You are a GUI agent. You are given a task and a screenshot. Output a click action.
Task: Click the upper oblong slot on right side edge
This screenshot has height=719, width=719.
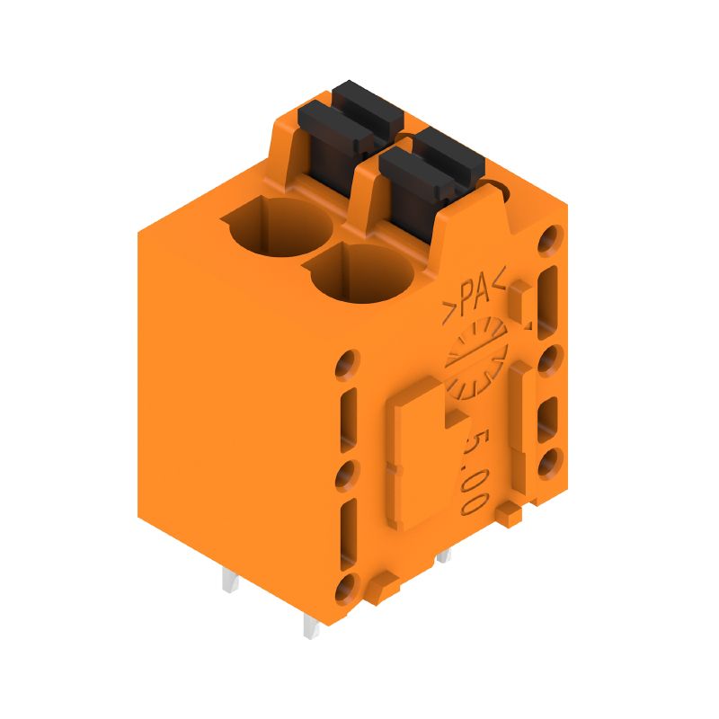[x=549, y=297]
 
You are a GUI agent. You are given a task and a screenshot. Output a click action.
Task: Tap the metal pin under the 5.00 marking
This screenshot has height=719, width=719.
[x=442, y=556]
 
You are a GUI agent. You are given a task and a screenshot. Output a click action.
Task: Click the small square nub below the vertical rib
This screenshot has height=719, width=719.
[x=510, y=514]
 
